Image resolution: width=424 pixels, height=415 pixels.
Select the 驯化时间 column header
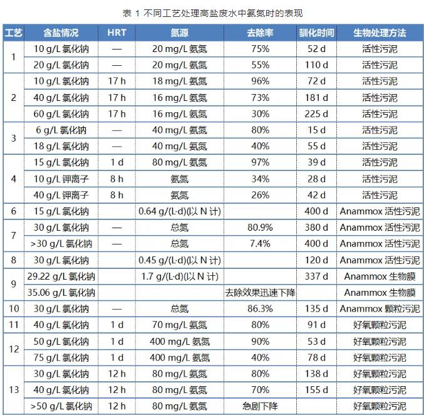[x=316, y=33]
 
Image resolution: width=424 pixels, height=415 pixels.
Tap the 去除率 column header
[x=258, y=33]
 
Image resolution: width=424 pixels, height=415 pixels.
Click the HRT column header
[x=116, y=33]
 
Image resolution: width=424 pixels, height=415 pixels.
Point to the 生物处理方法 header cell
[x=380, y=33]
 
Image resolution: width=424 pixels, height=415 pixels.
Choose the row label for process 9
[x=14, y=284]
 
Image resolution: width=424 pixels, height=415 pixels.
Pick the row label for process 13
[x=14, y=390]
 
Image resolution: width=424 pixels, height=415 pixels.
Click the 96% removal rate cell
[x=258, y=81]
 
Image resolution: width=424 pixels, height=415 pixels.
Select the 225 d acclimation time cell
[x=316, y=114]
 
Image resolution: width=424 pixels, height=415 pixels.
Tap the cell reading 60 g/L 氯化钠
[x=61, y=114]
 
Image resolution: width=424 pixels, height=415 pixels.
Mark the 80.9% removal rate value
[x=258, y=228]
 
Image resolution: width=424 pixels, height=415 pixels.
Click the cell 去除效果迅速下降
[x=258, y=292]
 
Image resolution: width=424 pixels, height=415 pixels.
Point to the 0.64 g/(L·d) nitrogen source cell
[x=179, y=211]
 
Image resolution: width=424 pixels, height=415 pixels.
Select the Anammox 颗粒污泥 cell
[x=380, y=308]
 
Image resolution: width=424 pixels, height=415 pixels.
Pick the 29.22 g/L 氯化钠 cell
[x=61, y=276]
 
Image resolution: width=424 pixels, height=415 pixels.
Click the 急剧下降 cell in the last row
[x=258, y=406]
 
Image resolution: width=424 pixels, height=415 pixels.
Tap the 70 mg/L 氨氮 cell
[x=179, y=325]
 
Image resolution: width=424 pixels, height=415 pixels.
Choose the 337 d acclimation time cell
[x=316, y=276]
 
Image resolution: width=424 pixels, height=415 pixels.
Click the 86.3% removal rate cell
[x=258, y=308]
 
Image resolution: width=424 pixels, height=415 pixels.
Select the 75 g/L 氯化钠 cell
[x=61, y=357]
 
